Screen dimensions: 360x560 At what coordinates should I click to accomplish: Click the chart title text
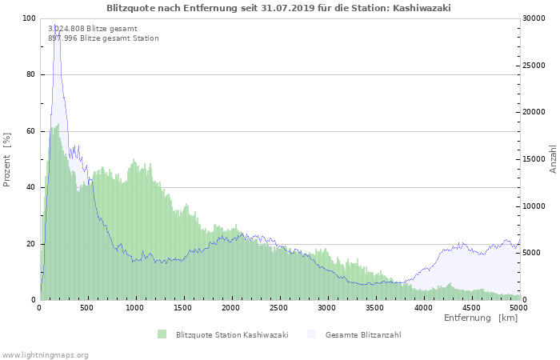(278, 8)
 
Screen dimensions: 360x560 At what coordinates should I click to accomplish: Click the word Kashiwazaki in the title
(423, 8)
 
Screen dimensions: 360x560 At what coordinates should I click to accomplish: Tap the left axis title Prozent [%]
(7, 159)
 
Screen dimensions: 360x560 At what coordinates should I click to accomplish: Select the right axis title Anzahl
(553, 159)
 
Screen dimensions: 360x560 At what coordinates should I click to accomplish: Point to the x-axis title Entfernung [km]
(481, 318)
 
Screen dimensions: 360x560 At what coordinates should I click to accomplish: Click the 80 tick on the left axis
(30, 74)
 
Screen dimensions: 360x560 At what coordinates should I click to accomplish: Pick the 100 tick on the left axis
(29, 18)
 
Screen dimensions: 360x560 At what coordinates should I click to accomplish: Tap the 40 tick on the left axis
(30, 187)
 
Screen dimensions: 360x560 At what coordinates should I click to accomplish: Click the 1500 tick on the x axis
(183, 307)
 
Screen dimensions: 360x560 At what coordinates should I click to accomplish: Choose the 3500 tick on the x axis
(374, 307)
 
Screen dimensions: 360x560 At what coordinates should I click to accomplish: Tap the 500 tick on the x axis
(87, 307)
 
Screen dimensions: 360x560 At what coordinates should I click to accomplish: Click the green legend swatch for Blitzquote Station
(162, 334)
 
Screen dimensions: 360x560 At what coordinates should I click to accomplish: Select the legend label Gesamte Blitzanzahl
(363, 334)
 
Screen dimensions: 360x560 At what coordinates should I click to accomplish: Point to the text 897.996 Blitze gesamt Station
(103, 38)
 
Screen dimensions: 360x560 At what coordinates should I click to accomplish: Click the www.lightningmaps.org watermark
(45, 354)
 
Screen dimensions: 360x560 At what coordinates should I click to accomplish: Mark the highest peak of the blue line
(57, 30)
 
